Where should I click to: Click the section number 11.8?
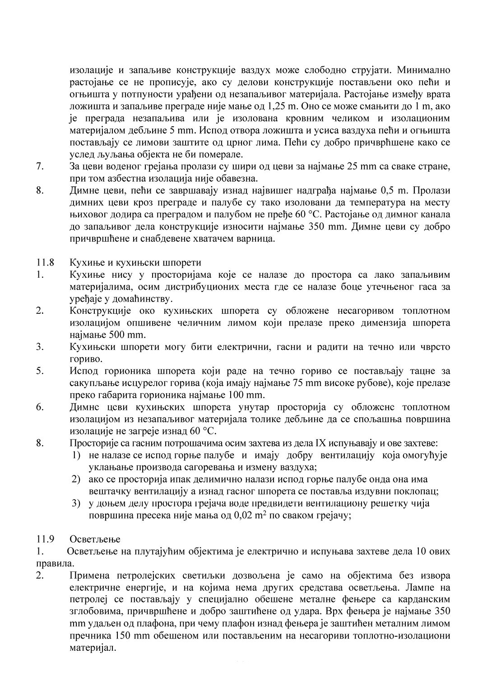pos(45,262)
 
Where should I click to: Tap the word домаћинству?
pos(144,299)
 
